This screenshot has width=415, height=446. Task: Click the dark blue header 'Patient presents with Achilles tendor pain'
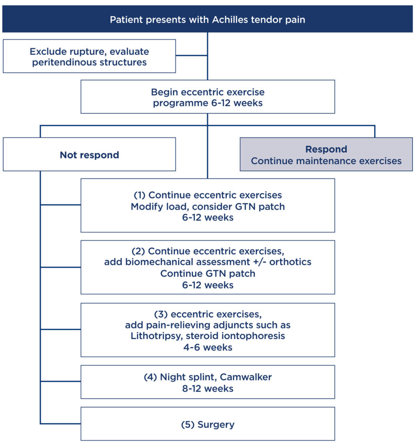pos(207,20)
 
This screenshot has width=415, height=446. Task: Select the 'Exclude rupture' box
pos(89,57)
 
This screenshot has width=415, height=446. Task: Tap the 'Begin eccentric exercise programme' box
pos(207,97)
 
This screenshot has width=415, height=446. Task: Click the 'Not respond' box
pos(89,155)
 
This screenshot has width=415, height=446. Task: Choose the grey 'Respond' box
pos(326,155)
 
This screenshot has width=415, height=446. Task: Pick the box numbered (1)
pos(207,206)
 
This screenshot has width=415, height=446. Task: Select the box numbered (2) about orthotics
pos(207,267)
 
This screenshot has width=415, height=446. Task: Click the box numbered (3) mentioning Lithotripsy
pos(207,330)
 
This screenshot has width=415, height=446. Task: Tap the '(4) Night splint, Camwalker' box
pos(207,382)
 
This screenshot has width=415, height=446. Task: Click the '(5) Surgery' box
pos(207,424)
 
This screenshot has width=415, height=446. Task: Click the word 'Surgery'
pos(216,424)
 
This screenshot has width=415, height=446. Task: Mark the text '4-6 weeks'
pos(207,348)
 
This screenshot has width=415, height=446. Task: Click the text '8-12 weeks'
pos(207,388)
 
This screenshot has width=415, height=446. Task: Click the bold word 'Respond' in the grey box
pos(326,149)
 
